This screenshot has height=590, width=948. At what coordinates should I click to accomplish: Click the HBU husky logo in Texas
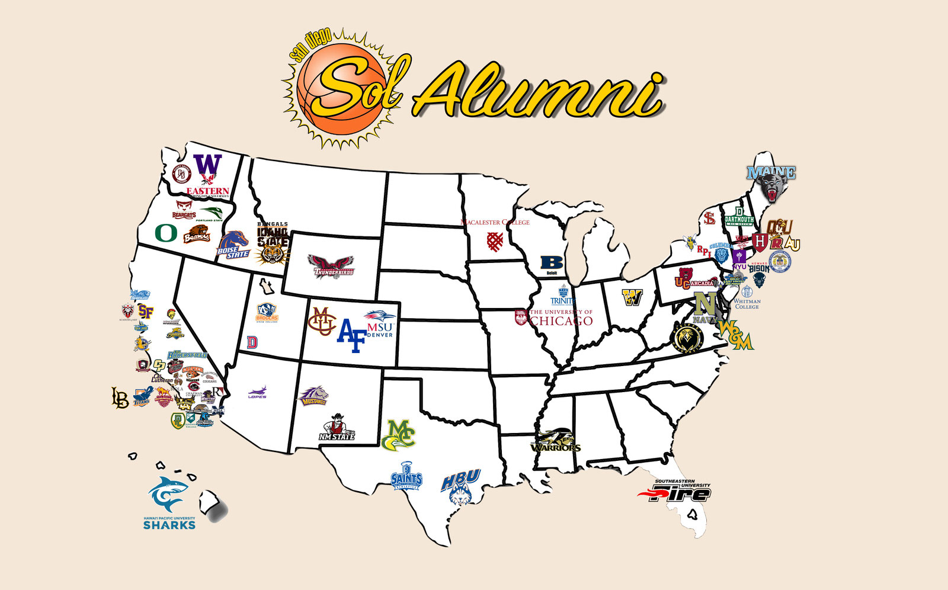click(460, 488)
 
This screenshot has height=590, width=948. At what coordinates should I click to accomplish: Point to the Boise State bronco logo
click(233, 244)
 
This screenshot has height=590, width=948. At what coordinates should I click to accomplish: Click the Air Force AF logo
click(351, 336)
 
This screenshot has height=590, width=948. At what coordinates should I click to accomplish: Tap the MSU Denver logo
click(380, 323)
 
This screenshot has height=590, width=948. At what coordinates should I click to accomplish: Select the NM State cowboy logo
click(337, 427)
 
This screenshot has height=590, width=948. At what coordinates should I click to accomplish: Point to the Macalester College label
click(495, 222)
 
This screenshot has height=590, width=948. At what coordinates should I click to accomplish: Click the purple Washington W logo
click(208, 168)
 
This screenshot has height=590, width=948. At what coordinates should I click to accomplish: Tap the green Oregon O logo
click(166, 233)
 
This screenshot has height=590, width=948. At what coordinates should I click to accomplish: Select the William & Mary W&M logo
click(735, 334)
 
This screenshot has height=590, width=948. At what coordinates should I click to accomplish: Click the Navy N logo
click(704, 304)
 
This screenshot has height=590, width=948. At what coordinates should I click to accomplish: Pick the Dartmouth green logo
click(739, 217)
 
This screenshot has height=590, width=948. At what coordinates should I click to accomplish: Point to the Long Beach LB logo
click(120, 397)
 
